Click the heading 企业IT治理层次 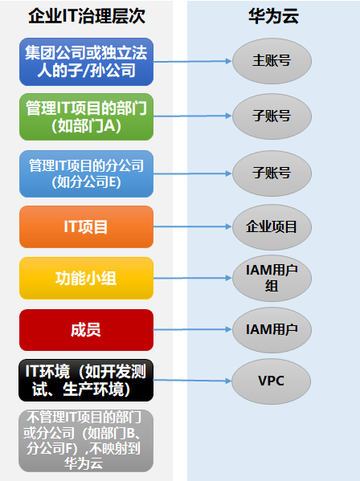[x=87, y=16]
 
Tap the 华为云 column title [x=273, y=16]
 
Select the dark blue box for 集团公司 [x=86, y=62]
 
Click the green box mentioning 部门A [x=86, y=117]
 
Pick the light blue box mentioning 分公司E [x=86, y=173]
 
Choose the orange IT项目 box [x=86, y=226]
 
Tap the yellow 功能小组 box [x=86, y=278]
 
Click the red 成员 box [x=86, y=330]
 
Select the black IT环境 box [x=86, y=381]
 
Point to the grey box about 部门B [x=86, y=441]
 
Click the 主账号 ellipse [x=272, y=61]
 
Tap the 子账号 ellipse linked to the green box [x=272, y=116]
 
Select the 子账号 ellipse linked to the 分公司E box [x=272, y=173]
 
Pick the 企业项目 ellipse [x=272, y=227]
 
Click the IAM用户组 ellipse [x=272, y=278]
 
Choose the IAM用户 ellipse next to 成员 [x=272, y=330]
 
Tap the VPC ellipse [x=272, y=381]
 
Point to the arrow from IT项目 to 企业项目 [x=192, y=226]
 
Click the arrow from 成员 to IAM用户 [x=192, y=329]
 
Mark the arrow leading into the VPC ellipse [x=192, y=381]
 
